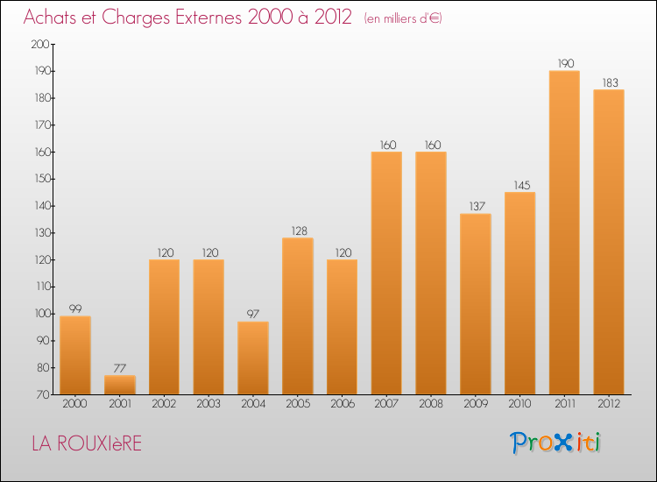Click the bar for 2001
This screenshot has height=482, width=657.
pyautogui.click(x=120, y=385)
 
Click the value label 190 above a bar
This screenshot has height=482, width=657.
pyautogui.click(x=564, y=63)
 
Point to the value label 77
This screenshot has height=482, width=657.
pyautogui.click(x=120, y=368)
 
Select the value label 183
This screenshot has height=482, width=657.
pyautogui.click(x=609, y=82)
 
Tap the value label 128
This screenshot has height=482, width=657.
pyautogui.click(x=298, y=230)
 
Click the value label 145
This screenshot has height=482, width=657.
pyautogui.click(x=520, y=185)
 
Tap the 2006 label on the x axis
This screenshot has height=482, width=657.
pyautogui.click(x=342, y=404)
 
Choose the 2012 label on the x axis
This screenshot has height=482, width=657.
pyautogui.click(x=609, y=404)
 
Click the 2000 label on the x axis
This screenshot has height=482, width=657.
pyautogui.click(x=75, y=404)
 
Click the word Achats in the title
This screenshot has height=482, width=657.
pyautogui.click(x=53, y=18)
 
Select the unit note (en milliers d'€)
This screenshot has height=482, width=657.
pyautogui.click(x=403, y=18)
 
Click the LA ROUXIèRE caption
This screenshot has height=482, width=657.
pyautogui.click(x=86, y=443)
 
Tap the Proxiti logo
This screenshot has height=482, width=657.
pyautogui.click(x=555, y=443)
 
